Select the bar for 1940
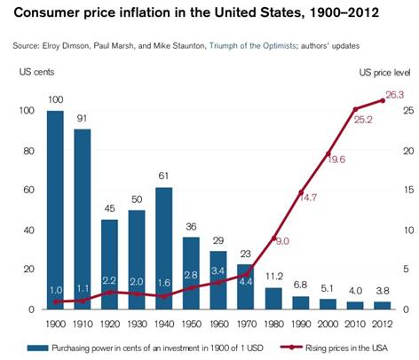coord(164,248)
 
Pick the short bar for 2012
coord(382,305)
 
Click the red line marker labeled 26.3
coord(383,100)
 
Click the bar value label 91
coord(82,118)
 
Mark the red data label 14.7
coord(307,197)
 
